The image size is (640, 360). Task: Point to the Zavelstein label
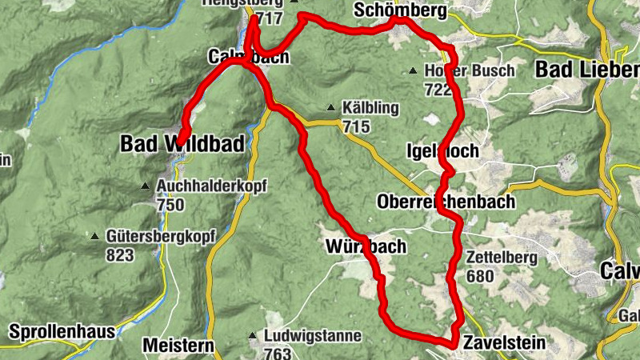pos(503,343)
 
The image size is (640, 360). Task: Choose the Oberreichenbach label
pos(446,202)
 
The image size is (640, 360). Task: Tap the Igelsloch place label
pos(442,151)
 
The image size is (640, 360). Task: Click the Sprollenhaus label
pos(63,330)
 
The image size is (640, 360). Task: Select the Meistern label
pos(178,346)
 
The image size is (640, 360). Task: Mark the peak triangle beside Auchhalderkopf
pos(145,187)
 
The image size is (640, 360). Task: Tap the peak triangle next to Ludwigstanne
pos(252,336)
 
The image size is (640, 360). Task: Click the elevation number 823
pos(119,255)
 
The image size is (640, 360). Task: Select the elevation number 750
pos(170,205)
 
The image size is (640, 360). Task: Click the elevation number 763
pos(278,353)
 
